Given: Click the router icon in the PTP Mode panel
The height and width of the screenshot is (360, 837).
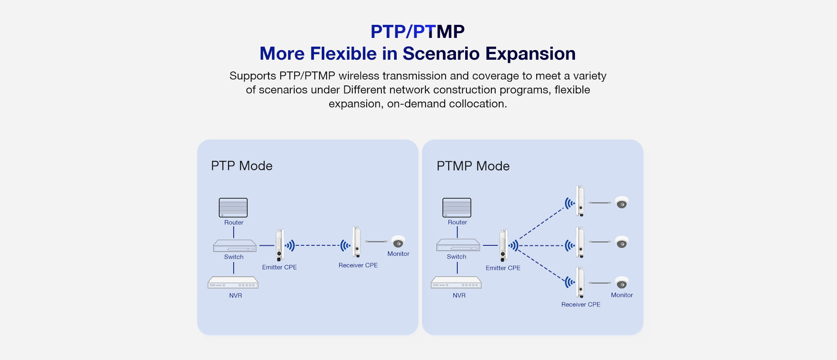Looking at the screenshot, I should pyautogui.click(x=233, y=207).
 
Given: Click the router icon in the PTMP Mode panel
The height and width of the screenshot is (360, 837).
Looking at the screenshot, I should pyautogui.click(x=457, y=207).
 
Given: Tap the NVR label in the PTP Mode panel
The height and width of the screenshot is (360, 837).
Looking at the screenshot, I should pyautogui.click(x=235, y=295).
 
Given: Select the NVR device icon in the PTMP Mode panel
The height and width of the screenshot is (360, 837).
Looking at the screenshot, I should pyautogui.click(x=456, y=283).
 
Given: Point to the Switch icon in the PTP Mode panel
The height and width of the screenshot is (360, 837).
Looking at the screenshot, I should pyautogui.click(x=235, y=246).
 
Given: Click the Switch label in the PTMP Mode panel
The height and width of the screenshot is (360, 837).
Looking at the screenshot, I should pyautogui.click(x=456, y=257).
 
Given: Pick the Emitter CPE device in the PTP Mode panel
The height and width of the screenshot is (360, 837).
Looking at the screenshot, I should pyautogui.click(x=279, y=245).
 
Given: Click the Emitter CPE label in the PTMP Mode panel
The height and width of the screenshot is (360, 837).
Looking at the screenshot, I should pyautogui.click(x=503, y=268).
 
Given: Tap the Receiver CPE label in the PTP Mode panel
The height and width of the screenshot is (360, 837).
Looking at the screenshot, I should pyautogui.click(x=358, y=265).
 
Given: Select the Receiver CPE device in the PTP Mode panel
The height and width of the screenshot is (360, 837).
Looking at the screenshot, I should pyautogui.click(x=357, y=241).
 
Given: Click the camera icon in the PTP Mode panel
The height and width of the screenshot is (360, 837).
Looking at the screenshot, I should pyautogui.click(x=398, y=241).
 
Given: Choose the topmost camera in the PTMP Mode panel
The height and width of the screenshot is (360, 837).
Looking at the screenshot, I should pyautogui.click(x=622, y=203).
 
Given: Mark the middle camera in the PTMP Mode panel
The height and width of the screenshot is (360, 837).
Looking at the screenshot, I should pyautogui.click(x=622, y=242).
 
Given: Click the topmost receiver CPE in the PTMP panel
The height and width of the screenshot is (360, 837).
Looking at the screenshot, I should pyautogui.click(x=580, y=201).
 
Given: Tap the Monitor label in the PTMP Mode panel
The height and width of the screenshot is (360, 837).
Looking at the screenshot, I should pyautogui.click(x=622, y=295).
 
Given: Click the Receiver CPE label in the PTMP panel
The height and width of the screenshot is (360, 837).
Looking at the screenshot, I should pyautogui.click(x=581, y=305).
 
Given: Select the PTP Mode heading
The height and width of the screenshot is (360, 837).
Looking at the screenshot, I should pyautogui.click(x=242, y=166).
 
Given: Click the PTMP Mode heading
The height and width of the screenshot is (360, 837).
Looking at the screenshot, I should pyautogui.click(x=473, y=166).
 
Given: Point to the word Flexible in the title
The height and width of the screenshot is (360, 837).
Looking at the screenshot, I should pyautogui.click(x=343, y=54).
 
